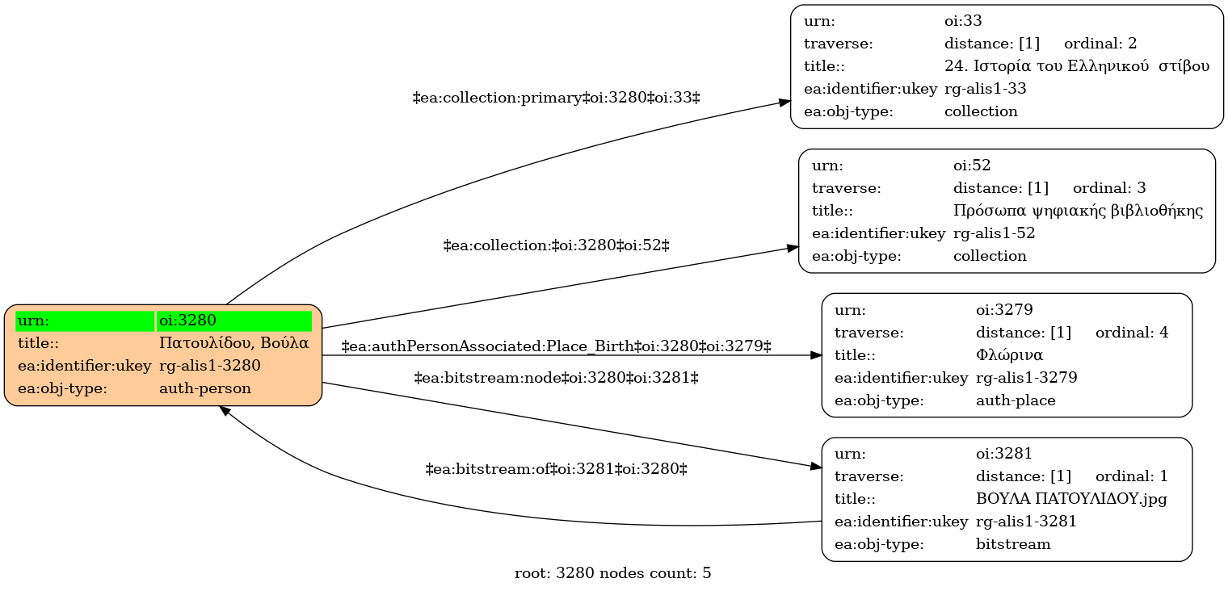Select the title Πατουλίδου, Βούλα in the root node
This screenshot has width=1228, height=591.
234,343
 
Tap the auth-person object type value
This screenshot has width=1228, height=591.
205,388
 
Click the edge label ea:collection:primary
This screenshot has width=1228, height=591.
557,98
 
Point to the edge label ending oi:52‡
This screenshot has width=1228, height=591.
557,245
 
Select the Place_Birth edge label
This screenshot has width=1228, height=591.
557,346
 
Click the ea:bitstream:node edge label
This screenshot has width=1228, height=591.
557,378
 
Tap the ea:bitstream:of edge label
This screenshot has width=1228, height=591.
557,469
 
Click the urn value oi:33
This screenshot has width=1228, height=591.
963,21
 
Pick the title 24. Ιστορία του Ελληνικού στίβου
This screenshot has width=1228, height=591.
1077,66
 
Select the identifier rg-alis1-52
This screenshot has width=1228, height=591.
994,233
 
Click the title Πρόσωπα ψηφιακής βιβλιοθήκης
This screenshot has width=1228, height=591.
1079,211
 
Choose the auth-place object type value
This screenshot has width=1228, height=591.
1016,400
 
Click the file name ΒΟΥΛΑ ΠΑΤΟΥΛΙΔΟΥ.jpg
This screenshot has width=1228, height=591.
1071,499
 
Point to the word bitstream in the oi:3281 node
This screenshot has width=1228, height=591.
1013,544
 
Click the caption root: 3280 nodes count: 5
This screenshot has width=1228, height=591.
613,573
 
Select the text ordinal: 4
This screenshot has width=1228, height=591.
1132,333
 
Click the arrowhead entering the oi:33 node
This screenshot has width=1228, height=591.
784,102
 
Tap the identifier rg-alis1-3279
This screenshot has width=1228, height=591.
1026,378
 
